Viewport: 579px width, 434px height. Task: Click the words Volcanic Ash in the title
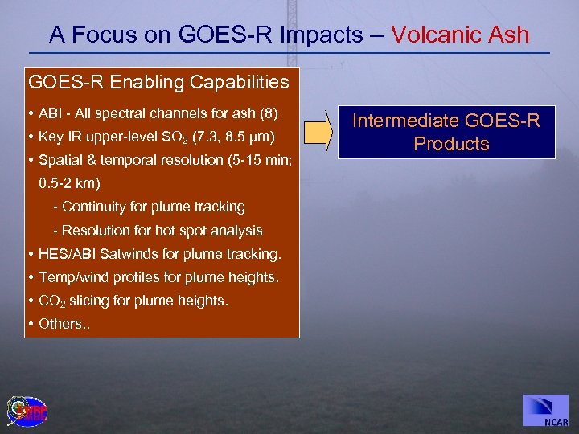(x=460, y=35)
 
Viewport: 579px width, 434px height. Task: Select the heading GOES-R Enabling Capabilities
(x=158, y=82)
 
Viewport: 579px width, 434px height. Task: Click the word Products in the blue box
(x=451, y=144)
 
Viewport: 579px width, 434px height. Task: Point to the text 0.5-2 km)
(x=69, y=183)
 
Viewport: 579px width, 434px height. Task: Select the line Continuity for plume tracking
(x=149, y=207)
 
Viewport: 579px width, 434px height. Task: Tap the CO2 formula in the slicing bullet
(x=52, y=301)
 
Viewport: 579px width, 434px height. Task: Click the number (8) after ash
(x=268, y=112)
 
